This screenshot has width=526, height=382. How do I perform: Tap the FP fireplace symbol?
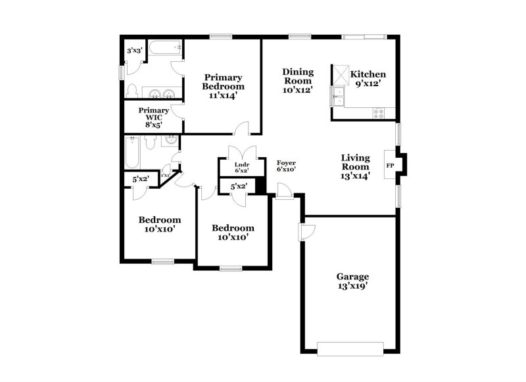(x=390, y=165)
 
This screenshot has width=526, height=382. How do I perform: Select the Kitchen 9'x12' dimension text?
(x=368, y=84)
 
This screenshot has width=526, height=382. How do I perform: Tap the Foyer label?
(x=286, y=162)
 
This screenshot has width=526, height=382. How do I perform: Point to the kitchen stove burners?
(x=380, y=112)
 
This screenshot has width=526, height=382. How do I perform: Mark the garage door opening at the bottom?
(x=350, y=346)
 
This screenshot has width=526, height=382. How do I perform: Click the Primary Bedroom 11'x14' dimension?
(x=223, y=95)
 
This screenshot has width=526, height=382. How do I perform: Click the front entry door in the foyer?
(x=284, y=191)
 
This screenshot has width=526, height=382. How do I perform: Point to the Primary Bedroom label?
(x=223, y=82)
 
